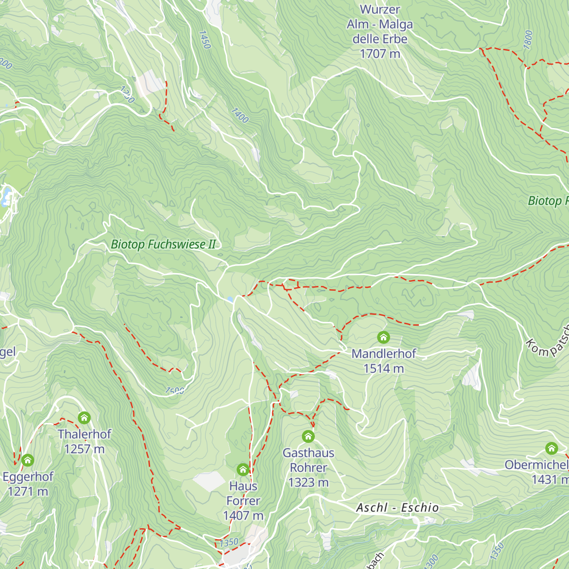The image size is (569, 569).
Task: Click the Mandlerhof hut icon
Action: (383, 337)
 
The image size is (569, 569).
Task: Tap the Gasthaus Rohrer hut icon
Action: (308, 436)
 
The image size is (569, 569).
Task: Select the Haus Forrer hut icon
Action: (243, 469)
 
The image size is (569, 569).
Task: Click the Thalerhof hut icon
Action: (84, 418)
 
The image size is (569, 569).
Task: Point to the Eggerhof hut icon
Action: (28, 459)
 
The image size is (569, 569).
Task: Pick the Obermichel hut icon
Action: (551, 448)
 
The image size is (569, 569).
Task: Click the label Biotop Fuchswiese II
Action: (163, 245)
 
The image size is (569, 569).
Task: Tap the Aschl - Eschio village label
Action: (397, 508)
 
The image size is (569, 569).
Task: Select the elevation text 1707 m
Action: (380, 54)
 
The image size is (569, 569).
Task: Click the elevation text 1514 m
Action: (384, 368)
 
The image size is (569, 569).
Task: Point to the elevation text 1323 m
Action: (308, 482)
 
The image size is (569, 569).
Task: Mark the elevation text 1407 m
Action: (243, 515)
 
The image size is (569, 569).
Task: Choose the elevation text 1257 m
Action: (84, 449)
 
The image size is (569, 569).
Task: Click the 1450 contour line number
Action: (204, 40)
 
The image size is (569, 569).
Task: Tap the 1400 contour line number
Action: (239, 115)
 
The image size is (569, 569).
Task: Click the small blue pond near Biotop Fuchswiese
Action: (230, 300)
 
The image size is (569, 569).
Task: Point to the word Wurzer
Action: (380, 9)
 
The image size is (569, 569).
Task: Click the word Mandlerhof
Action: (384, 354)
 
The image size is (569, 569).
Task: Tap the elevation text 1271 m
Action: (28, 491)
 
